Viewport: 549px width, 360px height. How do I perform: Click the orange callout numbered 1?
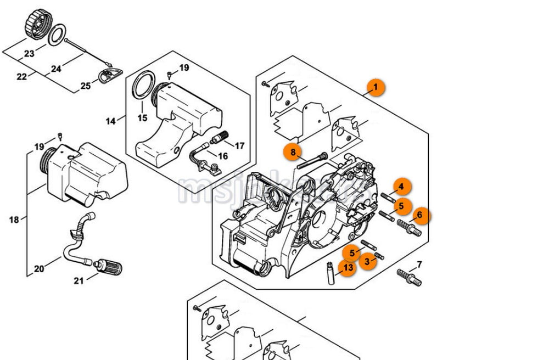click(376, 87)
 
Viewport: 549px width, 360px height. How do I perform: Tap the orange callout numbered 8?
click(293, 151)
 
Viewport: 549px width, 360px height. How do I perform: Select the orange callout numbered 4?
click(401, 187)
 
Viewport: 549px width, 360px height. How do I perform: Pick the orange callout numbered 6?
click(419, 216)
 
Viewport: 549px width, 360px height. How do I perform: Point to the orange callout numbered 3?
click(367, 261)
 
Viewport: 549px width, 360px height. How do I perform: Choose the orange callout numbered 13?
click(347, 268)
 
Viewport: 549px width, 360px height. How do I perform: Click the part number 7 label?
click(419, 265)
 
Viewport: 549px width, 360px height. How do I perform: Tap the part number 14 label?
click(111, 121)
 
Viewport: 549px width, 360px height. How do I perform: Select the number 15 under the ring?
click(142, 118)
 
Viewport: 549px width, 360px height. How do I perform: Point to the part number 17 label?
click(239, 146)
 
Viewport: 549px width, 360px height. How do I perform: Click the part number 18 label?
click(14, 220)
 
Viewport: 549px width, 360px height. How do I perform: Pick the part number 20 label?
click(39, 269)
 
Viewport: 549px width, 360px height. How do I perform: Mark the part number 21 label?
click(79, 281)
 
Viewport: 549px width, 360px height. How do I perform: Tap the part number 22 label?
click(21, 77)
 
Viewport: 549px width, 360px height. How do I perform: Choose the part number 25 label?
click(86, 86)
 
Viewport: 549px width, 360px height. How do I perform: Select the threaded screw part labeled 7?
click(410, 277)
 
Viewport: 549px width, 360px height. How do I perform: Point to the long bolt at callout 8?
click(312, 160)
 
